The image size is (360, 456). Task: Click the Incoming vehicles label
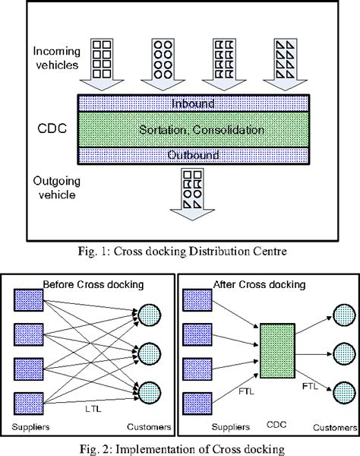tap(56, 58)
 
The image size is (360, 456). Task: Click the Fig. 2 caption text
tap(179, 446)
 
